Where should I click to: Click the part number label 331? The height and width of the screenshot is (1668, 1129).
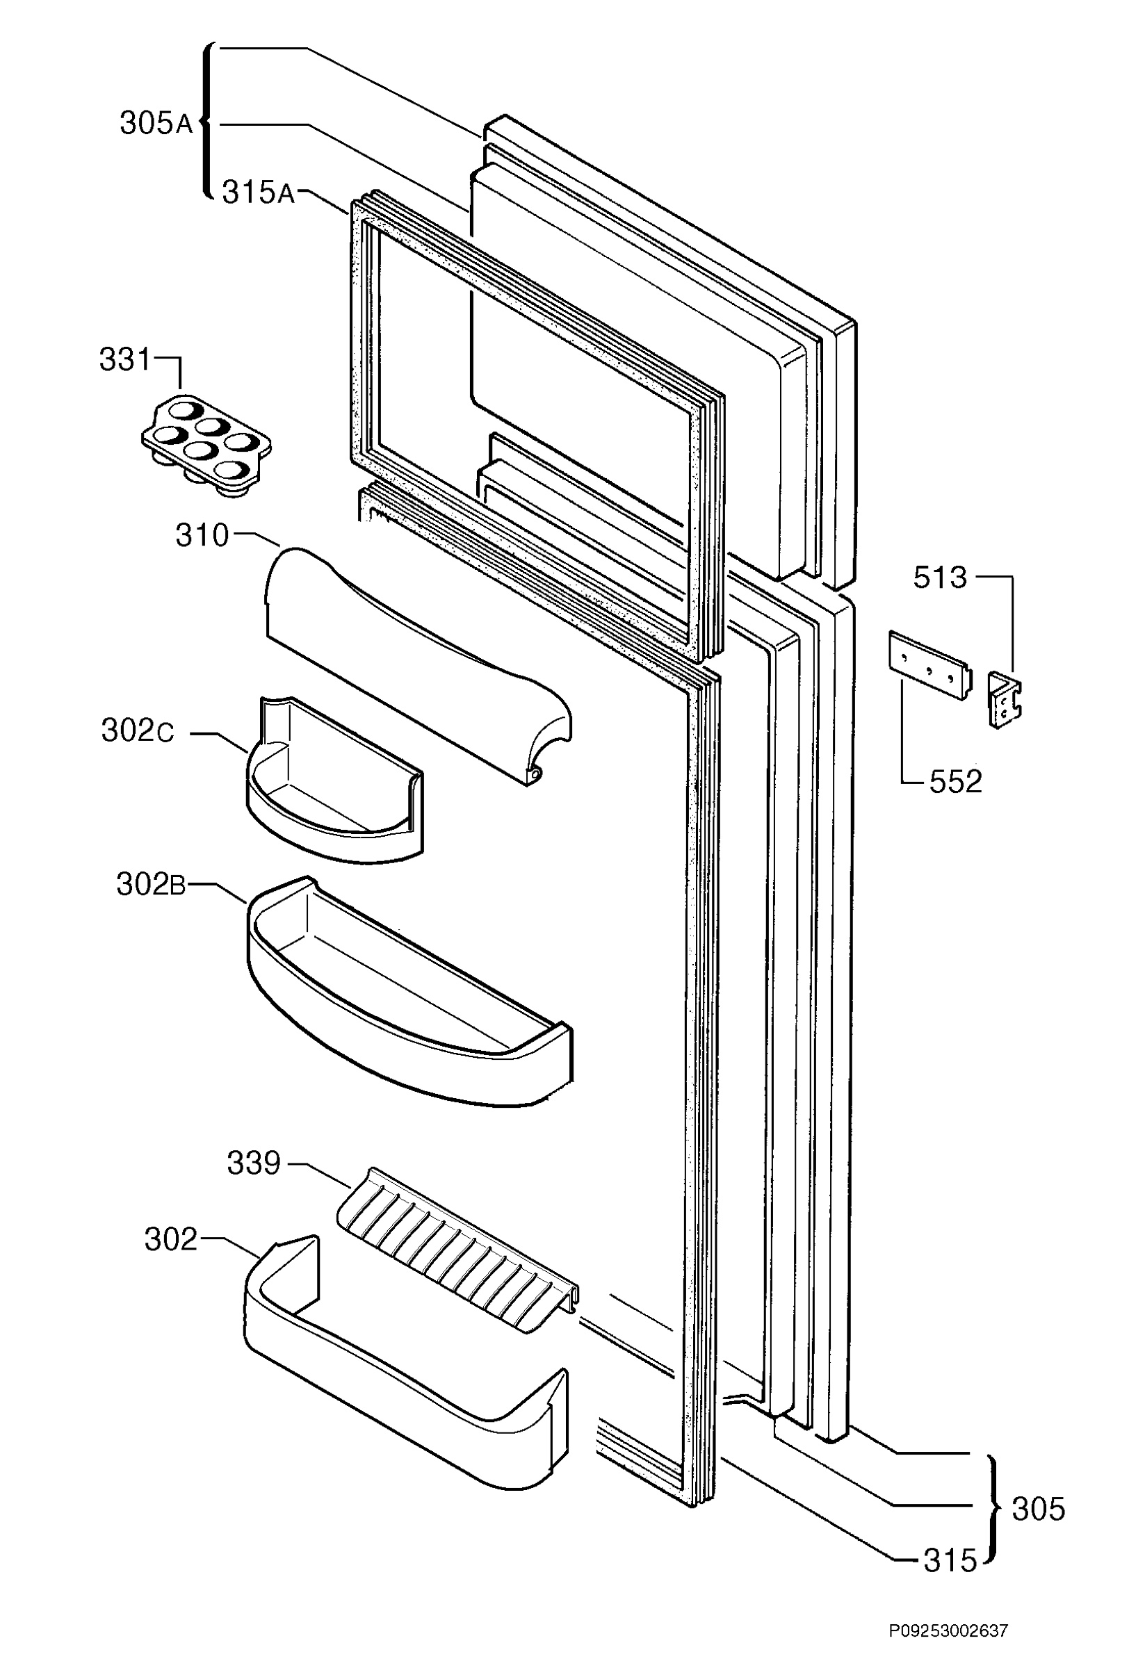point(125,359)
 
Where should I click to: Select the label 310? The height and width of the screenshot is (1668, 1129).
point(202,536)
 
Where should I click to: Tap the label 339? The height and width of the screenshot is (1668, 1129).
point(253,1164)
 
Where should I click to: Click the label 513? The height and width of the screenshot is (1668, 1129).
point(940,578)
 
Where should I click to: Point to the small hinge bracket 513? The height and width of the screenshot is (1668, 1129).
point(1005,700)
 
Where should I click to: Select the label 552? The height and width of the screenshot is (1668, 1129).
point(955,782)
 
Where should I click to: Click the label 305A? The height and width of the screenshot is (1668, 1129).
point(156,124)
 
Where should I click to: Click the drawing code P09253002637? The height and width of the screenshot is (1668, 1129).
point(948,1646)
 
